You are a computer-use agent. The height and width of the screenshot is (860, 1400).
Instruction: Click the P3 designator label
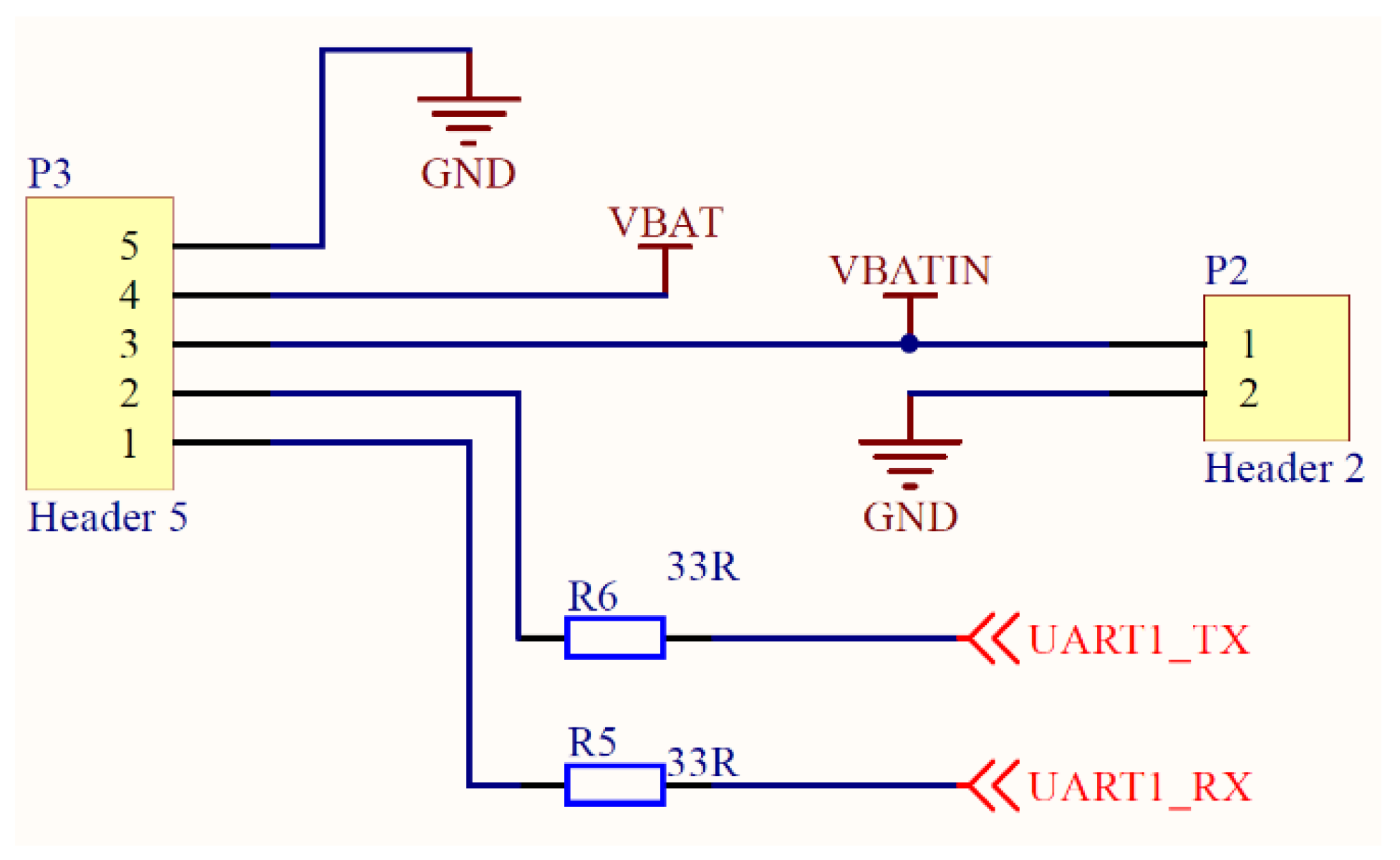[49, 173]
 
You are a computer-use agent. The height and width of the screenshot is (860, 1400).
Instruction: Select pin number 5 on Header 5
[130, 246]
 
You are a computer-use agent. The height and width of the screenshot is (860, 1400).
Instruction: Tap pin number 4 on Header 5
[130, 295]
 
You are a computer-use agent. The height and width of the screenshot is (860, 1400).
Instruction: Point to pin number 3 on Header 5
[130, 344]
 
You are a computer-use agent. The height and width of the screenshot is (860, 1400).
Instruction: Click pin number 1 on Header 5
[130, 443]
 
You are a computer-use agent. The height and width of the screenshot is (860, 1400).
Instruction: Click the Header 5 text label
[107, 517]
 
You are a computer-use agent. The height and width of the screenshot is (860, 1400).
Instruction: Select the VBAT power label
[665, 223]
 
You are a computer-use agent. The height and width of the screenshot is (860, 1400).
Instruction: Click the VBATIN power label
[909, 271]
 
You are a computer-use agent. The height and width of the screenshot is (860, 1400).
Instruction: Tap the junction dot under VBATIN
[909, 344]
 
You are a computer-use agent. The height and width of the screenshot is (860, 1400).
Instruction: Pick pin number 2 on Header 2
[1248, 393]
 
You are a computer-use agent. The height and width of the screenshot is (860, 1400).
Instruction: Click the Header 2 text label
[1284, 469]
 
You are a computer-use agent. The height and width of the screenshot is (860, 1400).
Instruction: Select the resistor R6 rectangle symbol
[615, 637]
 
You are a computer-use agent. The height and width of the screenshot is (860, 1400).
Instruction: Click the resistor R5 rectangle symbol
[615, 785]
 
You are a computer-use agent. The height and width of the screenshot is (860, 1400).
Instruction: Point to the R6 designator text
[592, 596]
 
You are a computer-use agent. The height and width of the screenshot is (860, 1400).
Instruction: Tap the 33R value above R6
[702, 566]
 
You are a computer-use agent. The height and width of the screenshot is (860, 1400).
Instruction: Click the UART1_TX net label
[1139, 640]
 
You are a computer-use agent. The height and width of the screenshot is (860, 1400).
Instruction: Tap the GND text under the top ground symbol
[468, 174]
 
